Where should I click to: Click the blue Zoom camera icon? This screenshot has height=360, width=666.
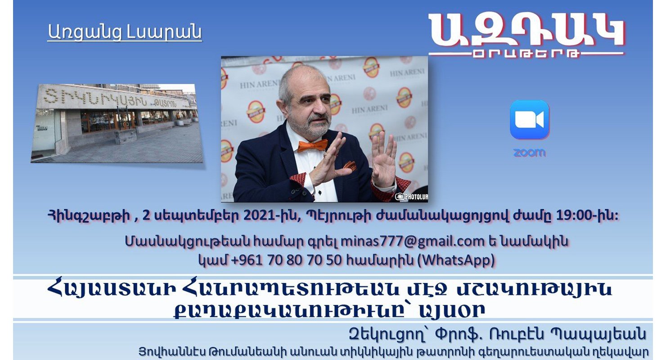coord(530,120)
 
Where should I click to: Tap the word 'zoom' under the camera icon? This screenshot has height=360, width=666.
coord(530,153)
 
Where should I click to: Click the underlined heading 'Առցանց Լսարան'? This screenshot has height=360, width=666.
coord(125,32)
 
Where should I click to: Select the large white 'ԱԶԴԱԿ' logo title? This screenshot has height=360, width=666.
coord(526,31)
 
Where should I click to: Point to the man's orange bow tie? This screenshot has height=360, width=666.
coord(312,146)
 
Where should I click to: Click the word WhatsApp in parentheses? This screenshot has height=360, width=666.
coord(457,260)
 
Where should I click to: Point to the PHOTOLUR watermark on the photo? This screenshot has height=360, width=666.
coord(412,197)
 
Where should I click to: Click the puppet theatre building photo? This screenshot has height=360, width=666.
coord(117,123)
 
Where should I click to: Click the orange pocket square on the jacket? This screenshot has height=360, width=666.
coord(350,165)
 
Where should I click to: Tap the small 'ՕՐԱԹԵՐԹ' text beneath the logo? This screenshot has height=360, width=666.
coord(526,54)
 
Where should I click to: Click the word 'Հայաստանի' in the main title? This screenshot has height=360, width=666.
coord(111,289)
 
